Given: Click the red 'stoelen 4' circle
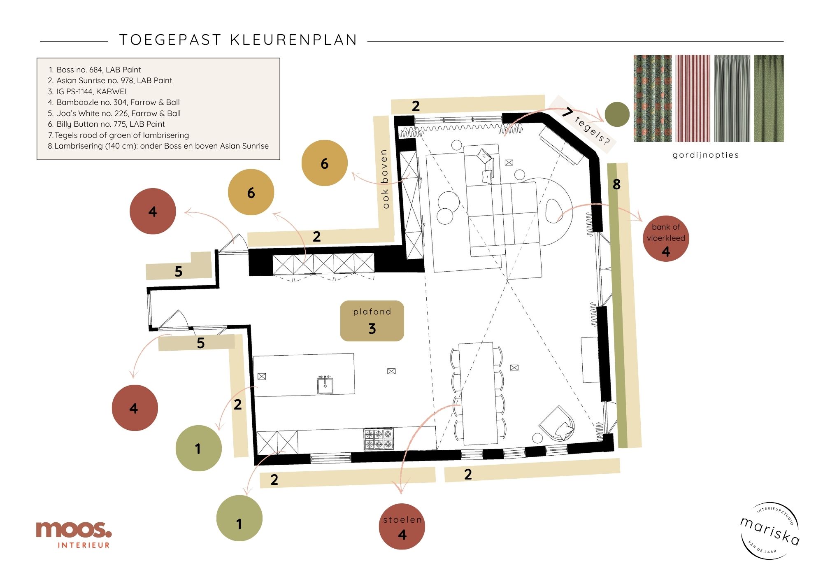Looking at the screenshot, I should pos(402,526).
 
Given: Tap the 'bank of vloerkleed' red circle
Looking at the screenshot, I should pos(665,238).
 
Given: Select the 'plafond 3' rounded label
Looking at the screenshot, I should pos(372,321).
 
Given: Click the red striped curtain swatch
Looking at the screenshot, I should pos(693,98).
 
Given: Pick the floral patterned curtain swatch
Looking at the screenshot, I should pos(653,98).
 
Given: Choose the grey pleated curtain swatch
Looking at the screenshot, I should pos(732,98).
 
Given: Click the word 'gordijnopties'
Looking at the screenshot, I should pos(705,155).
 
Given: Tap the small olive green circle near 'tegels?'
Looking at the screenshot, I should pos(617,114).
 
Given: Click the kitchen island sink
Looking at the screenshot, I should pos(325,385).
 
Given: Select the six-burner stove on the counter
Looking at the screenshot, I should pos(379,439).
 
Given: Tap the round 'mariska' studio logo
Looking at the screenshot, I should pos(770,531).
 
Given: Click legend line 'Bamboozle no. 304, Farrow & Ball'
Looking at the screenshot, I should pos(118,102).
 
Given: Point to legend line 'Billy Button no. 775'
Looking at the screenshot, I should pos(110,124).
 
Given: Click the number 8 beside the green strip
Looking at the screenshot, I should pos(616,184).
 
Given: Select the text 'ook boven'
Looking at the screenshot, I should pos(384,179).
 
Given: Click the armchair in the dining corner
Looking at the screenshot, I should pos(557,424).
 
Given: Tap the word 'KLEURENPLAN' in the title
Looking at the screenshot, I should pos(293,40).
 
